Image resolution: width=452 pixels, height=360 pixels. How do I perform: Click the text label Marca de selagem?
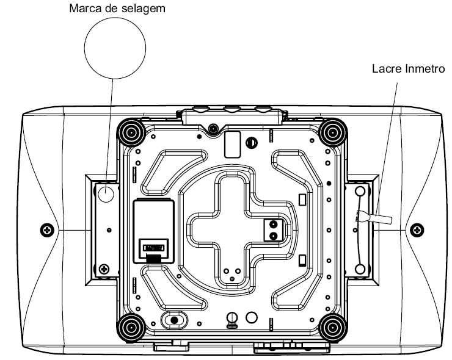tap(117, 9)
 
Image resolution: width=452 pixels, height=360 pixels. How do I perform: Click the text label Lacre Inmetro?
tap(408, 69)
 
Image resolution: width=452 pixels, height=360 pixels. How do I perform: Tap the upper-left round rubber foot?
tap(131, 133)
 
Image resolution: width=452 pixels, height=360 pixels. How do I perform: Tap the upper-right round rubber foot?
tap(333, 133)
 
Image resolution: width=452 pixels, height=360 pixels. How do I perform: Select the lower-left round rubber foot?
tap(131, 327)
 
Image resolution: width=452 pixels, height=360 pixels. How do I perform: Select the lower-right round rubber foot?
tap(333, 327)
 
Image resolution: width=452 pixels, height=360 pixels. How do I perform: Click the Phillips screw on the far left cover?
tap(47, 230)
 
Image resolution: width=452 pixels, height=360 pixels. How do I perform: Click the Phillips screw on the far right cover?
tap(417, 230)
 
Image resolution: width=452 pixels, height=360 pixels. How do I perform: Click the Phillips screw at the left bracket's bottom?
tap(104, 270)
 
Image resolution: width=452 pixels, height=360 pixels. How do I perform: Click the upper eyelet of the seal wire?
tap(360, 190)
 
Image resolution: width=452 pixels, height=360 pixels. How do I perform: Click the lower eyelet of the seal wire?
tap(360, 269)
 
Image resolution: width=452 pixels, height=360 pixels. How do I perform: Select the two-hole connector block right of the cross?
tap(273, 230)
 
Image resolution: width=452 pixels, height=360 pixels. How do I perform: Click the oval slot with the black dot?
tap(175, 320)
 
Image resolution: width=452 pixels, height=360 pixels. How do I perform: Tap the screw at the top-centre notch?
tap(213, 128)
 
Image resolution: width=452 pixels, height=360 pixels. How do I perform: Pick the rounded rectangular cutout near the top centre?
tap(232, 145)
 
